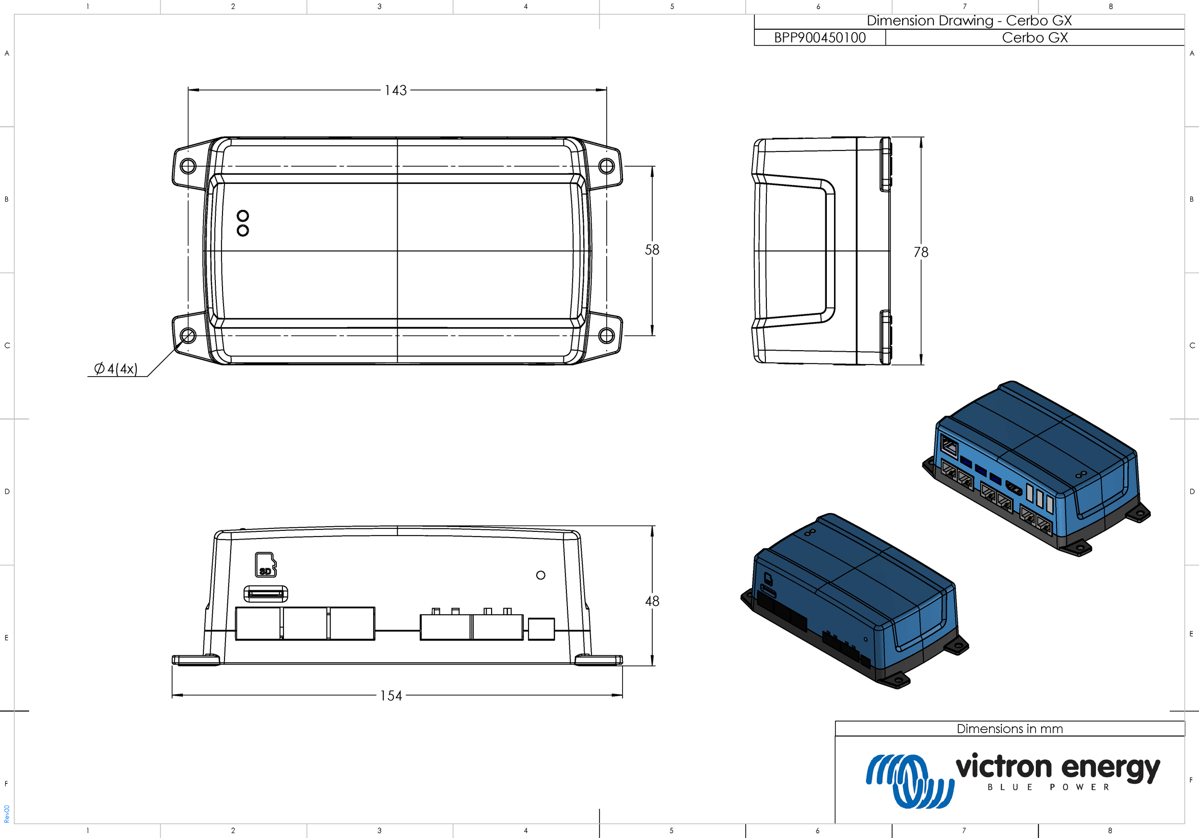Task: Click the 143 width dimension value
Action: (395, 90)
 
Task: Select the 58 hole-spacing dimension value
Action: (652, 250)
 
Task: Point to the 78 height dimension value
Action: (921, 252)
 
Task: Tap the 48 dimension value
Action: (652, 601)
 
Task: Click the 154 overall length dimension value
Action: (391, 696)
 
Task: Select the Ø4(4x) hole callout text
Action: (116, 369)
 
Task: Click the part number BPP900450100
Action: (820, 37)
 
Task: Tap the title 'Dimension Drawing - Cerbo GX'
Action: (969, 21)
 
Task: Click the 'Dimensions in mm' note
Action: (1010, 729)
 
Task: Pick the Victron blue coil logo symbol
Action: (910, 781)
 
